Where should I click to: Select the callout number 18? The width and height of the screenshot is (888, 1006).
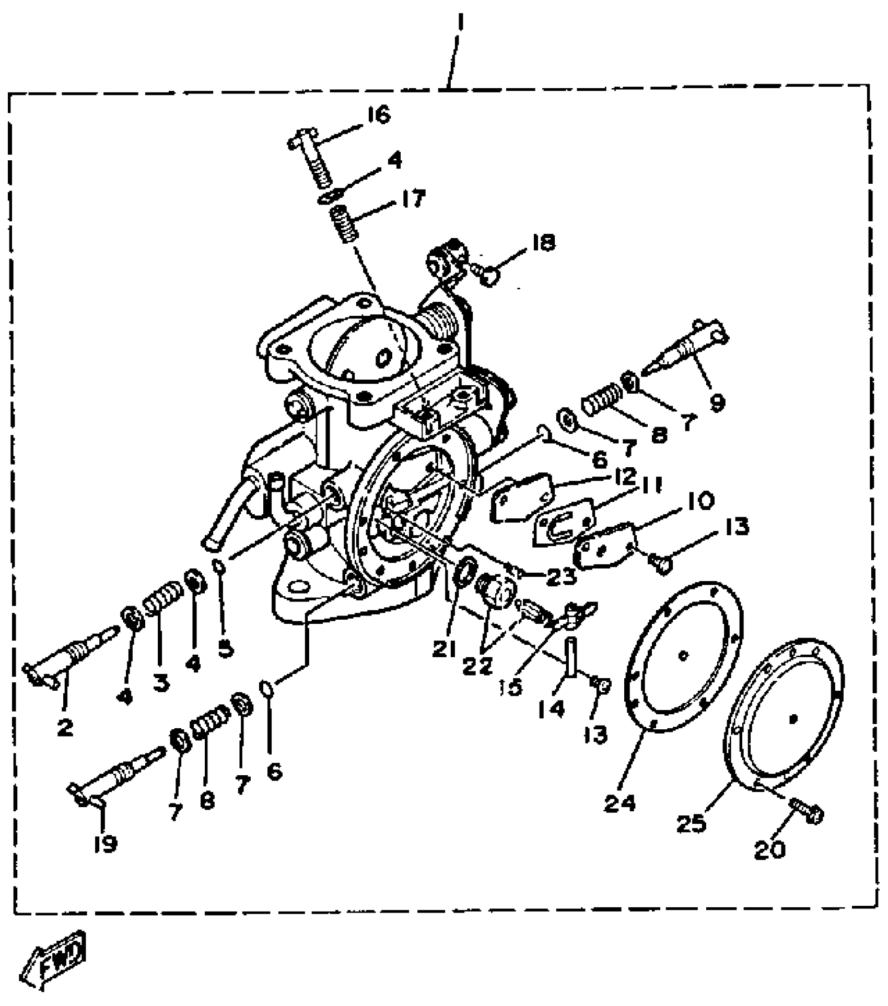click(543, 242)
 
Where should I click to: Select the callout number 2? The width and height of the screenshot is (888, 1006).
click(65, 727)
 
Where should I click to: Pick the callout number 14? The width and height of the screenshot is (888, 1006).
click(552, 708)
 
